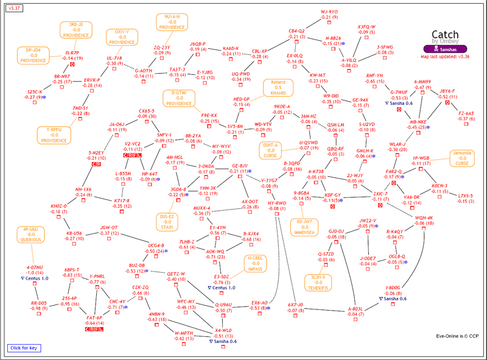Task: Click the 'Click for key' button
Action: point(24,348)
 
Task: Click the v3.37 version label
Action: point(13,8)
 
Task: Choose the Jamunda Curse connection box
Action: point(464,158)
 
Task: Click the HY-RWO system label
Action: point(277,203)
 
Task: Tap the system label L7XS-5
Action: point(466,195)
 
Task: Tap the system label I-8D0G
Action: point(393,288)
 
